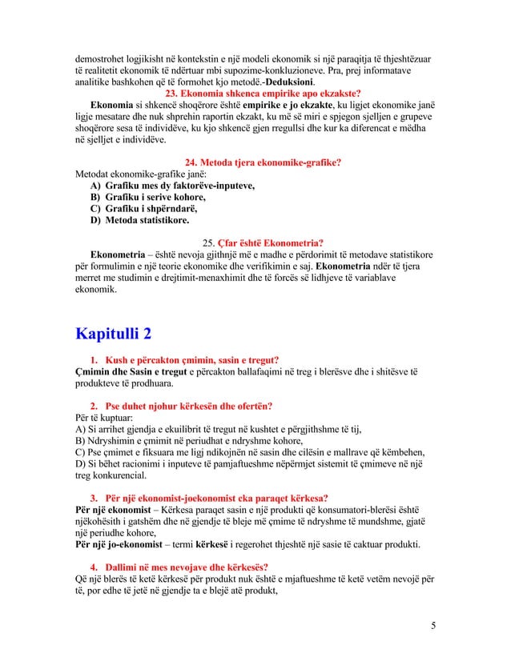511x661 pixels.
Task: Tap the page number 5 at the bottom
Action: click(x=433, y=625)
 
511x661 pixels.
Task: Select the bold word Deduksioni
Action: click(x=286, y=82)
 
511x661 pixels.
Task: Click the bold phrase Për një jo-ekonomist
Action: click(x=120, y=545)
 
